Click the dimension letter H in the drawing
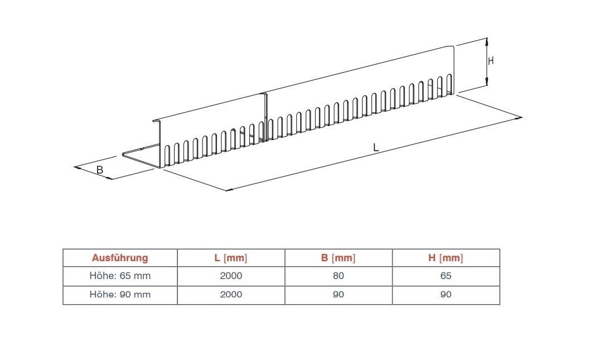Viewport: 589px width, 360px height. (x=491, y=61)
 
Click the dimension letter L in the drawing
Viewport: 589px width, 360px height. (x=376, y=148)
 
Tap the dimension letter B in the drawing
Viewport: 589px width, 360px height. (x=100, y=170)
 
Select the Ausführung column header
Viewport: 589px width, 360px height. (x=120, y=258)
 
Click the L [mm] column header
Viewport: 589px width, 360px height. (x=231, y=258)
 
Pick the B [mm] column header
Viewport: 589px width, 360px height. (x=338, y=258)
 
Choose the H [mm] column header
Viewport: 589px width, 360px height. (x=446, y=258)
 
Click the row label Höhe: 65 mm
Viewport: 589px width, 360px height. (x=120, y=276)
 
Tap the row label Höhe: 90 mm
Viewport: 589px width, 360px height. (x=120, y=295)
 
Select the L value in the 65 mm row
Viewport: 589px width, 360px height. (x=231, y=276)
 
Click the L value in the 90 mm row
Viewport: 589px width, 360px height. (x=231, y=295)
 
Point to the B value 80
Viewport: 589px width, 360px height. (x=338, y=276)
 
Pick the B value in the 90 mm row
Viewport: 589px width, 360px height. (x=338, y=295)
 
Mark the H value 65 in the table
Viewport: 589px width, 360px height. (x=446, y=276)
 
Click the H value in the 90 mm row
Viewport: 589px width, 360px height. (x=446, y=295)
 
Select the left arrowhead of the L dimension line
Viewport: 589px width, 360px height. (x=229, y=190)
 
